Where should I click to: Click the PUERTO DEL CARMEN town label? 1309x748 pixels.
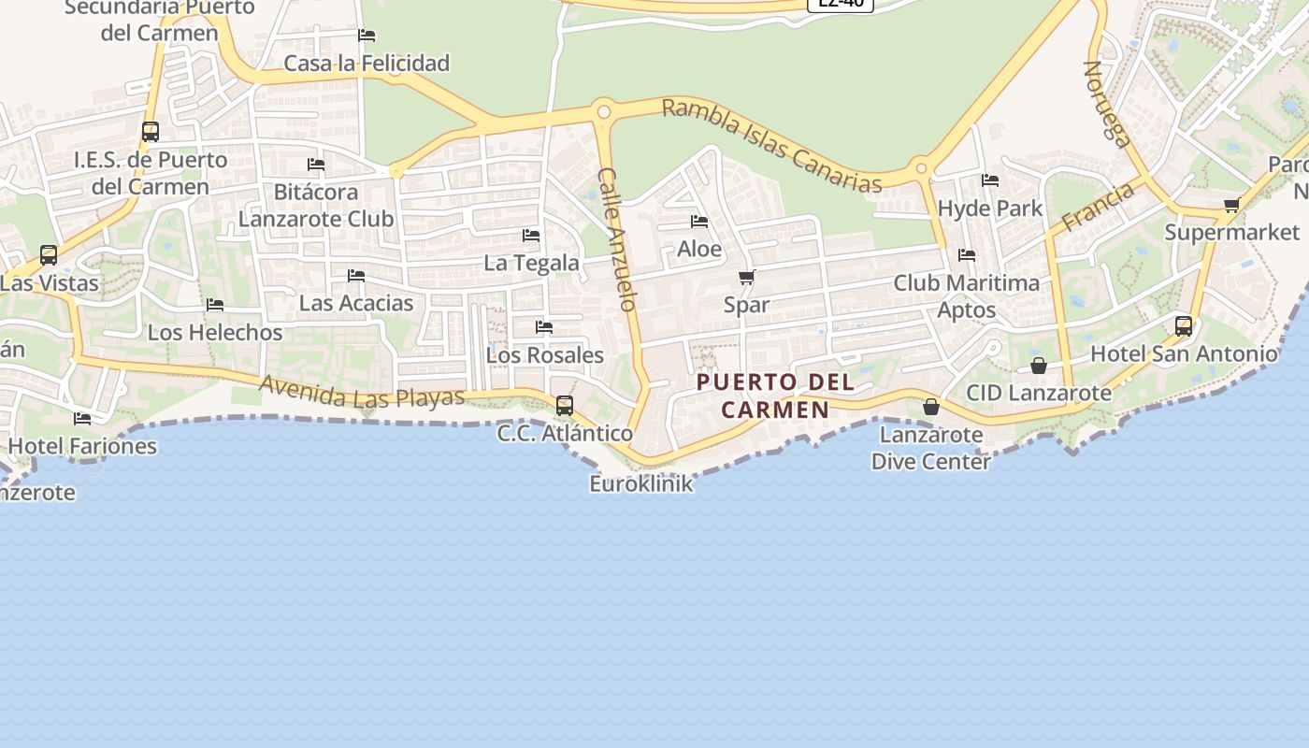pyautogui.click(x=775, y=396)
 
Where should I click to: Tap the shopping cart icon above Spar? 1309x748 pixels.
pyautogui.click(x=746, y=277)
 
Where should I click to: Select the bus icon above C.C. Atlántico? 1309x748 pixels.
pyautogui.click(x=565, y=406)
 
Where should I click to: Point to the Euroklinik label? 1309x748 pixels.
pyautogui.click(x=641, y=483)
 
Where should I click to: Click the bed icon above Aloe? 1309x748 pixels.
pyautogui.click(x=698, y=222)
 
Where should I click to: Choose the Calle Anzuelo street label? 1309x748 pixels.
pyautogui.click(x=618, y=239)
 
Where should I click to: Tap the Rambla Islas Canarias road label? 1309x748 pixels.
pyautogui.click(x=771, y=145)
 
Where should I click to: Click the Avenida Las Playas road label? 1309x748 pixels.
pyautogui.click(x=362, y=392)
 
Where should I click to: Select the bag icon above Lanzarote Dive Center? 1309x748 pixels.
pyautogui.click(x=930, y=407)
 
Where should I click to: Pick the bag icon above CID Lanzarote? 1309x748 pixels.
pyautogui.click(x=1038, y=366)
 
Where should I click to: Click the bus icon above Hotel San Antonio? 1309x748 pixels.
pyautogui.click(x=1184, y=326)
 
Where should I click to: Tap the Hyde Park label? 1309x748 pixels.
pyautogui.click(x=989, y=208)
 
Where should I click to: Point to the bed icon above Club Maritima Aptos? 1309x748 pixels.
pyautogui.click(x=966, y=254)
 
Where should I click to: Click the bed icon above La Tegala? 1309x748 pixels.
pyautogui.click(x=531, y=236)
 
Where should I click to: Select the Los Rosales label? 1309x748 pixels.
pyautogui.click(x=545, y=355)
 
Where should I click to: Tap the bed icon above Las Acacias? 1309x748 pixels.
pyautogui.click(x=355, y=276)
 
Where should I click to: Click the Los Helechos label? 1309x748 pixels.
pyautogui.click(x=215, y=332)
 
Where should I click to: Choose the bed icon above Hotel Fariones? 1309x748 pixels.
pyautogui.click(x=82, y=419)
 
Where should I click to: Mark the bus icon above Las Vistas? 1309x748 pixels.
pyautogui.click(x=49, y=254)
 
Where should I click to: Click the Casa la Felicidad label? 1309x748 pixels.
pyautogui.click(x=367, y=63)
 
